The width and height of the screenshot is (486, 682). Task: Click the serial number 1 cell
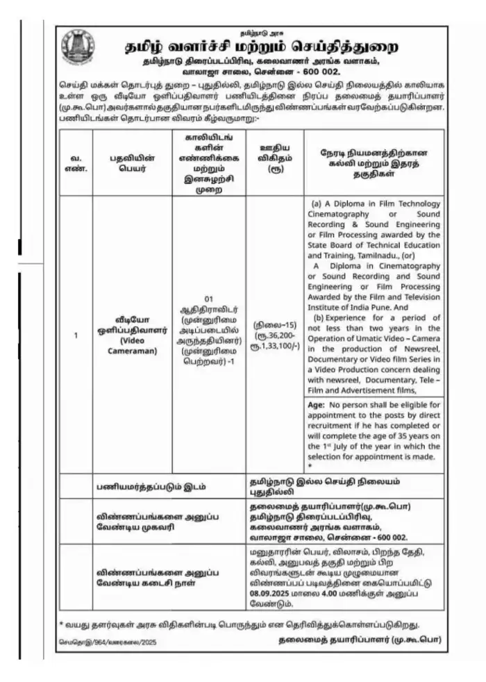pos(75,335)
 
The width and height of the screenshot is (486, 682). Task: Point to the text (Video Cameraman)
pos(132,347)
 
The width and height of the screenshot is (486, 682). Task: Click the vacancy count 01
pos(208,299)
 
